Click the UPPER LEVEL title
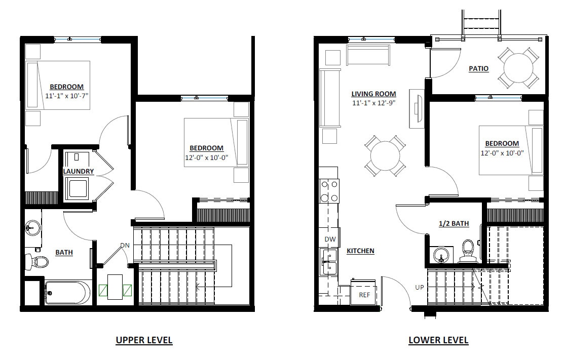pos(144,340)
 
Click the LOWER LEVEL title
pos(438,340)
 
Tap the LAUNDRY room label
pos(78,171)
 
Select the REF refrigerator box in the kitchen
pos(364,294)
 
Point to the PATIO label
pos(478,68)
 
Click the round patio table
pos(517,67)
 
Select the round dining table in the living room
pos(385,155)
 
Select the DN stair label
pos(125,246)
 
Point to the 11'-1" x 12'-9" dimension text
pos(374,103)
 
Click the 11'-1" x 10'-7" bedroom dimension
pos(66,95)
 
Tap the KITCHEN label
pos(360,251)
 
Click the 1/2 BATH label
pos(454,223)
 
